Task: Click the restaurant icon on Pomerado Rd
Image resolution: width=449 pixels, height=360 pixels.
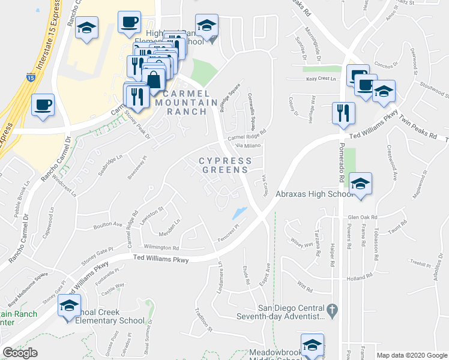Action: click(x=343, y=112)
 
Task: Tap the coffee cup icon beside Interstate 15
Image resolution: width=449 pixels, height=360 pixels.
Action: click(x=43, y=104)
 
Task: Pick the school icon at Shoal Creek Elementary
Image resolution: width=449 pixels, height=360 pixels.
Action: click(x=70, y=305)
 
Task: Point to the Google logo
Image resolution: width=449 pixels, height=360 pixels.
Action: click(x=20, y=352)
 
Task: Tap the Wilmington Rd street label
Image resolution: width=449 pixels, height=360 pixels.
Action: click(x=161, y=247)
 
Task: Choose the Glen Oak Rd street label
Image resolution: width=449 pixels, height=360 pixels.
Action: click(x=361, y=217)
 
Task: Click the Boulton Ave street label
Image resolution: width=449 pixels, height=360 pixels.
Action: click(x=108, y=226)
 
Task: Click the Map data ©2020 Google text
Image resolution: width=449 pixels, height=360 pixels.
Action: click(x=411, y=355)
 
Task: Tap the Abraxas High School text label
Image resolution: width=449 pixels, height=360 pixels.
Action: click(x=313, y=194)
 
